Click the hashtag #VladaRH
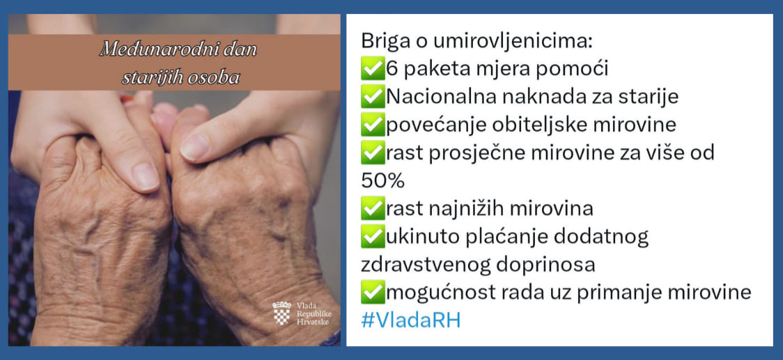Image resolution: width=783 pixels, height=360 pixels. click(410, 320)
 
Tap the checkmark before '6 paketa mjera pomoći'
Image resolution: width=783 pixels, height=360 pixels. click(373, 68)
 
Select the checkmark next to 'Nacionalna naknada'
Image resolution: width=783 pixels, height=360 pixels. click(373, 96)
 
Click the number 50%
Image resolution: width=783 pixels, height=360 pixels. click(382, 182)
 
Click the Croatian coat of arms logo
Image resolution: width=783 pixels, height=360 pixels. click(281, 313)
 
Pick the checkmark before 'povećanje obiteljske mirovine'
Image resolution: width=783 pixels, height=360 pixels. click(373, 125)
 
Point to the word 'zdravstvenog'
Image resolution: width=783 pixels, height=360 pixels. click(424, 265)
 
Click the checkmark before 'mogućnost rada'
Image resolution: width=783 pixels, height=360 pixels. click(373, 292)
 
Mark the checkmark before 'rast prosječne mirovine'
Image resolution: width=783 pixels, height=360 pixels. click(373, 152)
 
